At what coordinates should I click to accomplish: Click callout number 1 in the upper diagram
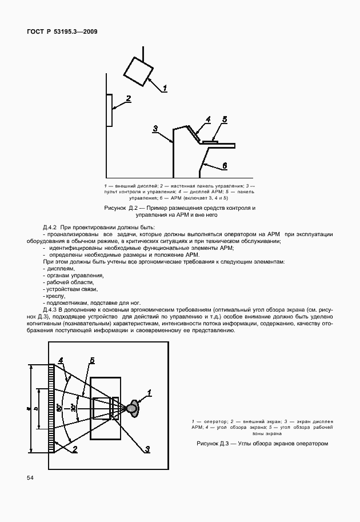pyautogui.click(x=165, y=88)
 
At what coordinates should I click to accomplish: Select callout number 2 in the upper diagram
pyautogui.click(x=129, y=98)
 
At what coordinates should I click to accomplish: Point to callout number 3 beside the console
pyautogui.click(x=155, y=129)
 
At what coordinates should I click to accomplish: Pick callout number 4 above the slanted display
pyautogui.click(x=208, y=119)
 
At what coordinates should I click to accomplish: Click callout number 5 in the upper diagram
pyautogui.click(x=225, y=119)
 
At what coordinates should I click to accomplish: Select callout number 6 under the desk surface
pyautogui.click(x=224, y=165)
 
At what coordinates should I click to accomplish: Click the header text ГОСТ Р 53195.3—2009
pyautogui.click(x=62, y=31)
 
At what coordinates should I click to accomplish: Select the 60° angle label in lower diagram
pyautogui.click(x=59, y=408)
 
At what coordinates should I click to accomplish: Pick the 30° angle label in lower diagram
pyautogui.click(x=73, y=408)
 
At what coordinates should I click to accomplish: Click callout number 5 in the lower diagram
pyautogui.click(x=91, y=361)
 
